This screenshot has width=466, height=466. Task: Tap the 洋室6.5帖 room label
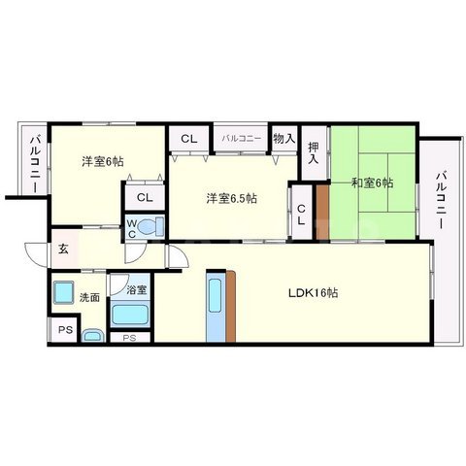click(x=231, y=199)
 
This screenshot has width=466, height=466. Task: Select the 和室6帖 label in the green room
click(x=371, y=181)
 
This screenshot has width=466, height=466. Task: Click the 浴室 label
click(x=134, y=289)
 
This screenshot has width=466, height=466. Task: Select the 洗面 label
click(x=90, y=297)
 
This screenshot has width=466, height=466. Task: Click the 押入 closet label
click(x=313, y=154)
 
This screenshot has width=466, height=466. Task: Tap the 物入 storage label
click(x=283, y=139)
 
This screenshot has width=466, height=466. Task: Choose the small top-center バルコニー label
click(x=241, y=139)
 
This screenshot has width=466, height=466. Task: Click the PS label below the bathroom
click(x=129, y=337)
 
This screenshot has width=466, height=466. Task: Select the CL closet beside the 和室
click(x=302, y=214)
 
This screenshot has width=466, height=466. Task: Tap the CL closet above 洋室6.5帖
click(x=189, y=139)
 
